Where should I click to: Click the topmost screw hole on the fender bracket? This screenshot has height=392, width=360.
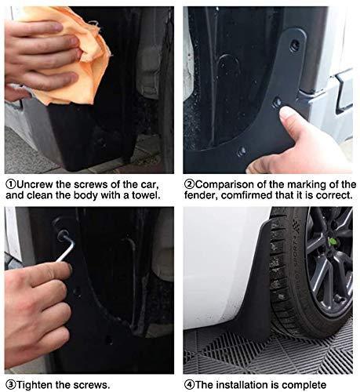(293, 45)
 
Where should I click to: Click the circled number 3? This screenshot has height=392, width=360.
(9, 384)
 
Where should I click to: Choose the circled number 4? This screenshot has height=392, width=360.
(188, 384)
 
